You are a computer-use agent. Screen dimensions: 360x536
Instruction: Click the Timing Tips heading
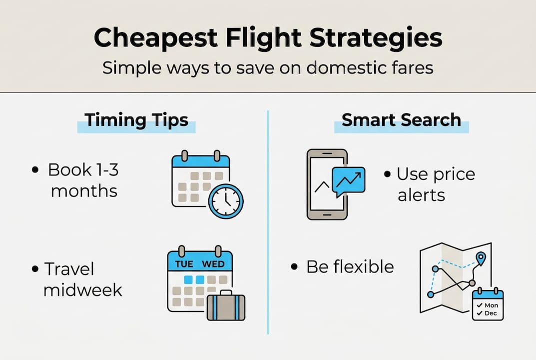pos(136,120)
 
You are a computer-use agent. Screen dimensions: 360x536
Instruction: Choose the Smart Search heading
pos(401,120)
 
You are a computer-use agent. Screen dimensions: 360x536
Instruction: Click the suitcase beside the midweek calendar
pos(226,305)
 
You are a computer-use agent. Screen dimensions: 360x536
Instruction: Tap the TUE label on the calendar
pos(184,263)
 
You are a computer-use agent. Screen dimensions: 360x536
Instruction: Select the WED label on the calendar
pos(213,263)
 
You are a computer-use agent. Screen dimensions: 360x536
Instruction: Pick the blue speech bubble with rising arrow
pos(348,180)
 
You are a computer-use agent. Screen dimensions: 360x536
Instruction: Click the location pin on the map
pos(481,259)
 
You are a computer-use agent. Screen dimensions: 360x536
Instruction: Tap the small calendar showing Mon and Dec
pos(488,304)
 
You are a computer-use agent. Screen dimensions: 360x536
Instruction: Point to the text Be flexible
pos(350,266)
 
